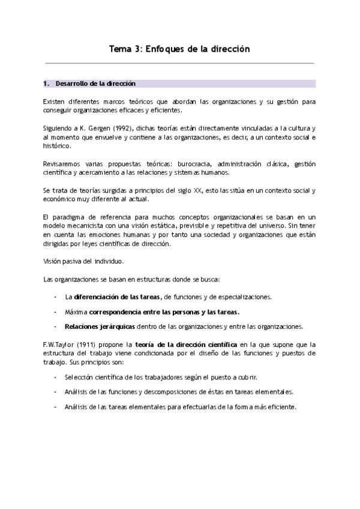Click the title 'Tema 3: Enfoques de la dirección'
pyautogui.click(x=179, y=49)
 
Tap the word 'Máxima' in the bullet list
pyautogui.click(x=76, y=312)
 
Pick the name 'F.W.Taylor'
pyautogui.click(x=61, y=345)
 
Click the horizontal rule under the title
pyautogui.click(x=179, y=63)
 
